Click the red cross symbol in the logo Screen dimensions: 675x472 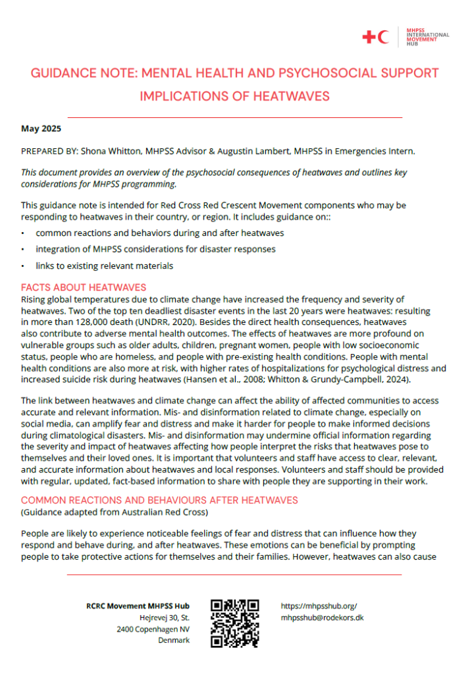click(x=369, y=38)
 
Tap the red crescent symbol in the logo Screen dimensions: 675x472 click(x=383, y=38)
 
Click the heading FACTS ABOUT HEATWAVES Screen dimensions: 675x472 click(x=84, y=287)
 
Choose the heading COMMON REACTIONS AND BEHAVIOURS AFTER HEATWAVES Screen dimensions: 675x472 click(x=159, y=500)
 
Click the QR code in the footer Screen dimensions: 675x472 click(x=234, y=623)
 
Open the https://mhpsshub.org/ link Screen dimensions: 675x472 click(x=319, y=606)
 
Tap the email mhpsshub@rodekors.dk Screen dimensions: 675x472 click(x=322, y=618)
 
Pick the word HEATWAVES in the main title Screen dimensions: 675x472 click(x=291, y=96)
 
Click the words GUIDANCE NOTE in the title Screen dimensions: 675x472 click(x=79, y=73)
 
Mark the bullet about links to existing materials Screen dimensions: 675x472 click(x=104, y=266)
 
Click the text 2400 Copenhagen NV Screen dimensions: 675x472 click(x=153, y=630)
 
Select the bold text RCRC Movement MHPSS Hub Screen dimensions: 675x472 click(x=138, y=606)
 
